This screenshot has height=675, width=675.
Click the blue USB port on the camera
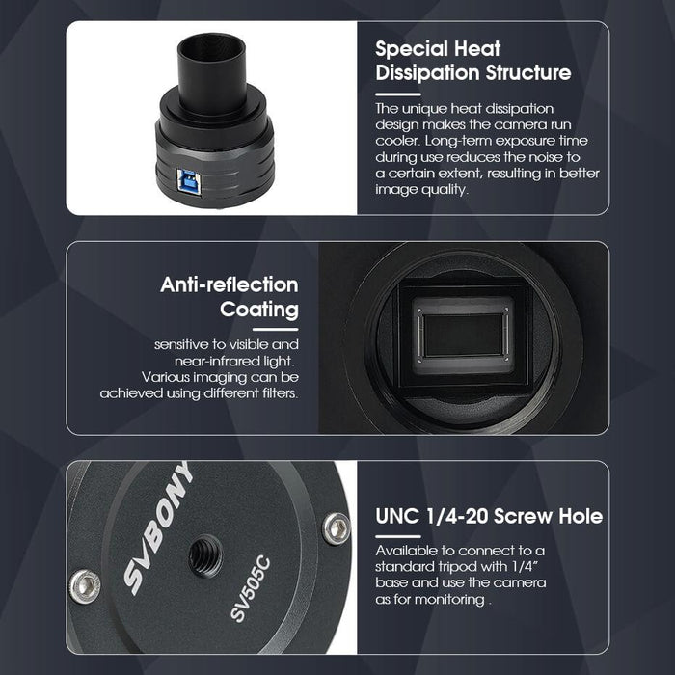click(x=190, y=183)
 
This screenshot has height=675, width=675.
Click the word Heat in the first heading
click(x=477, y=48)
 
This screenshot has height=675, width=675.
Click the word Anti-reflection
click(x=229, y=285)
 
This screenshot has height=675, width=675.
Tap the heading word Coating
click(x=259, y=310)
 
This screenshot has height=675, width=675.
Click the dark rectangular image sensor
click(x=463, y=335)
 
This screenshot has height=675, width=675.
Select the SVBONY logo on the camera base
click(x=157, y=528)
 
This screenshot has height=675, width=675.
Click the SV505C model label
click(x=251, y=589)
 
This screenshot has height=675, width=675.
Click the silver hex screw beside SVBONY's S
click(x=85, y=586)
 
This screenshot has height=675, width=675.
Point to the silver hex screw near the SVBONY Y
click(x=337, y=528)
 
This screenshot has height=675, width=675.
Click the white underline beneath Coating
click(x=276, y=330)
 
